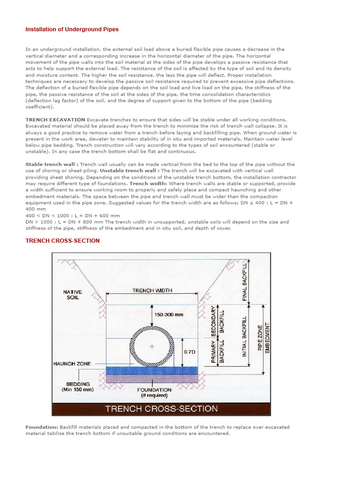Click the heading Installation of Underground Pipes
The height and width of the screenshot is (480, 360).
click(72, 30)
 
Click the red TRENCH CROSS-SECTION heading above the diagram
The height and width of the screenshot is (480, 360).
click(62, 241)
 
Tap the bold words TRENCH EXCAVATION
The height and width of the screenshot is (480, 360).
click(55, 120)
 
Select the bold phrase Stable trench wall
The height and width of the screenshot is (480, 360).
click(52, 165)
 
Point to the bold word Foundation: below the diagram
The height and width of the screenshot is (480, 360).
click(42, 427)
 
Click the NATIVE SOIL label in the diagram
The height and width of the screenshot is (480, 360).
click(72, 295)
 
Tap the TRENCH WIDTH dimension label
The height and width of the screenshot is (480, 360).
click(152, 291)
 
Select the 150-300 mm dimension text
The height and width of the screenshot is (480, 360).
click(169, 315)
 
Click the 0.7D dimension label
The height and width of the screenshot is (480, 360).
click(189, 352)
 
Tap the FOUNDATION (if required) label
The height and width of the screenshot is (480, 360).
click(154, 392)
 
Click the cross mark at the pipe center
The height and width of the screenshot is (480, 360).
click(151, 347)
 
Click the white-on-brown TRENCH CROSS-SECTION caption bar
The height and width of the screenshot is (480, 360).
click(161, 408)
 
